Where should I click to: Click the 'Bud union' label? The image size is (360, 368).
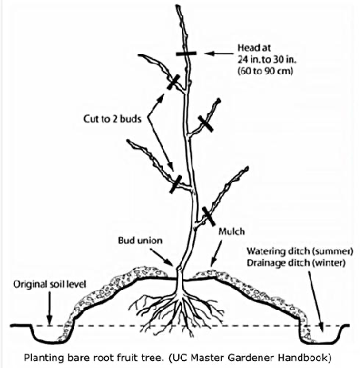point(140,241)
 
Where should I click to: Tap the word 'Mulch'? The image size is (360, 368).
point(231,231)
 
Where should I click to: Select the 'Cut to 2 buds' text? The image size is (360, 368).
point(112,119)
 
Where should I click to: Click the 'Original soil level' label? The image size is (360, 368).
point(50,285)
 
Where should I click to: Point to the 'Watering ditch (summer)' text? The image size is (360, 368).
point(300,251)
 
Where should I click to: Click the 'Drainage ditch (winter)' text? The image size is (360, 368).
point(296,263)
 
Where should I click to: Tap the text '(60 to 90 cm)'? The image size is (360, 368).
point(265,71)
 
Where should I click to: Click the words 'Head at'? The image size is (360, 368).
point(254,48)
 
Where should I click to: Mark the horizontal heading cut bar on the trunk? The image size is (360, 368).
point(186,54)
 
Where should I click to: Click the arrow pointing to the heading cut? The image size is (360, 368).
point(219,53)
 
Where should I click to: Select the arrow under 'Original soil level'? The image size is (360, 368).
point(49,308)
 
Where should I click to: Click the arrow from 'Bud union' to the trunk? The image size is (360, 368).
point(162,258)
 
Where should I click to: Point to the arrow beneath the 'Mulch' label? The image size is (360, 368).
point(216,254)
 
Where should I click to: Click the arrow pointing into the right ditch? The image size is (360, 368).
point(315,302)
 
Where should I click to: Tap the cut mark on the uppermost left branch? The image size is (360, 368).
point(173,82)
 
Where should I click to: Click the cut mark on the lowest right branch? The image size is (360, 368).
point(208,216)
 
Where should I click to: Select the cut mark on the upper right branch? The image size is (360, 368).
point(206,123)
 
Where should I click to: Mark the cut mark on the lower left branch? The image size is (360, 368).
point(176,184)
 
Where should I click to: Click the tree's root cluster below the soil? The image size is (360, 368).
point(176,310)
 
